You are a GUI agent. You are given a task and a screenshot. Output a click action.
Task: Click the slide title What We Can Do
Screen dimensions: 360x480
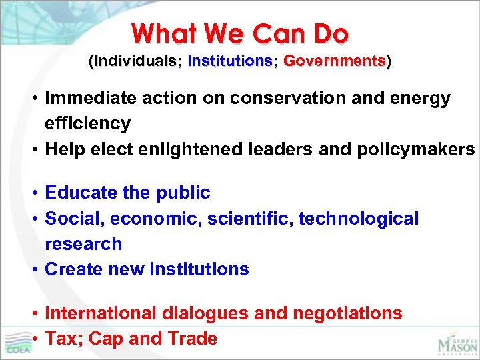[240, 33]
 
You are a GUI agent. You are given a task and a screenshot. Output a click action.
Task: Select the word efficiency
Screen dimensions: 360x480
[87, 124]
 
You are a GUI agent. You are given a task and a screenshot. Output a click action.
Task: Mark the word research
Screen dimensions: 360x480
[83, 244]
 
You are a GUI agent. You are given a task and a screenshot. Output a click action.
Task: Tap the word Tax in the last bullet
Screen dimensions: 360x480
[61, 339]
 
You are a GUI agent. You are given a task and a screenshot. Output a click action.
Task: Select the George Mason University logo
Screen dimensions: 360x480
[457, 337]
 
